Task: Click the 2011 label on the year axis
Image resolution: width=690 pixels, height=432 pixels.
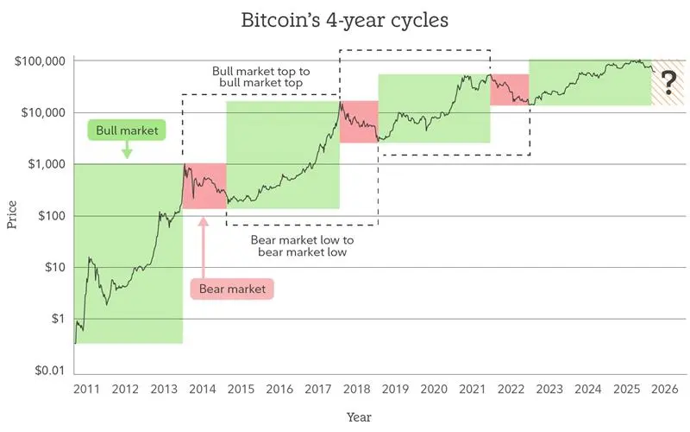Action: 85,391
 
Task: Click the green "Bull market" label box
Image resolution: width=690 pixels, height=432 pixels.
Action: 126,130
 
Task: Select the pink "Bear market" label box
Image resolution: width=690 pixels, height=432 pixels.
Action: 230,289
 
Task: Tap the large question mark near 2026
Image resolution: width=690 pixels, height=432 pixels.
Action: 667,83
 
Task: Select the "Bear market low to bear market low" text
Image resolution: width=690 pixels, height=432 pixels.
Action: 302,246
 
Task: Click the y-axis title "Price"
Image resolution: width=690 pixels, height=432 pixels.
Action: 12,214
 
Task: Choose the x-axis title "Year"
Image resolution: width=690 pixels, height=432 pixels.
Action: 359,416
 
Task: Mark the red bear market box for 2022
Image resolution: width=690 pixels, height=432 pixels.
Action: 509,89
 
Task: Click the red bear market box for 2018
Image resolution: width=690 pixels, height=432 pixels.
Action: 359,122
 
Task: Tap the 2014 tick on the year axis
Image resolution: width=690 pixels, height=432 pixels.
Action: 203,391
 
